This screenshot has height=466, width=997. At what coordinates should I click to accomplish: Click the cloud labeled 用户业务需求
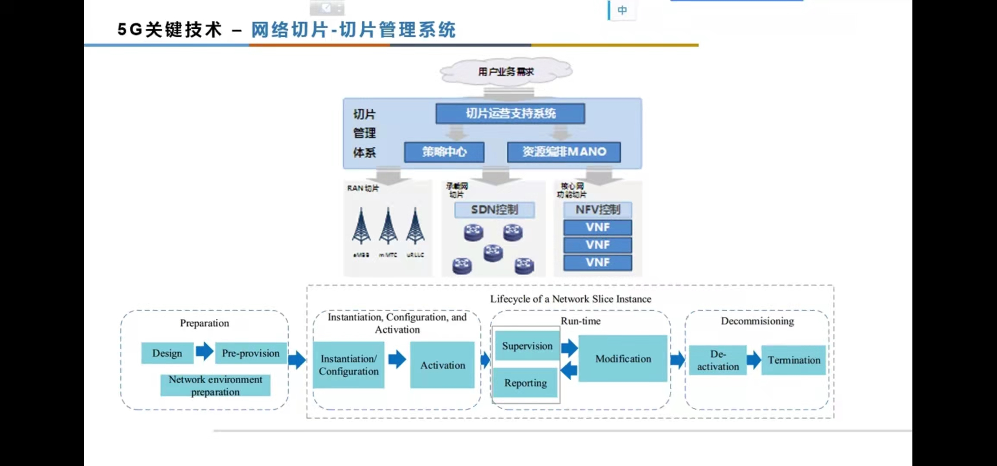coord(506,71)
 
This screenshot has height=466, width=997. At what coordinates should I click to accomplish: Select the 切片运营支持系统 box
coord(510,113)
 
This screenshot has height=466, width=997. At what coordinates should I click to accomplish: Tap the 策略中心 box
coord(444,152)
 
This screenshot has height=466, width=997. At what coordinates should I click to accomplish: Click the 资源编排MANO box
coord(564,152)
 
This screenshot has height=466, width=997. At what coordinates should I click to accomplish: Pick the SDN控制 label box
coord(494,210)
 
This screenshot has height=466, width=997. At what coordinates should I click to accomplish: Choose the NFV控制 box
coord(597,210)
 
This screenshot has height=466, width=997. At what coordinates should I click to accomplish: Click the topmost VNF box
coord(597,227)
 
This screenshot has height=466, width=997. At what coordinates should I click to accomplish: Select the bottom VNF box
coord(597,262)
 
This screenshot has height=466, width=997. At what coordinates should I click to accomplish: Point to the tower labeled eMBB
coord(361,227)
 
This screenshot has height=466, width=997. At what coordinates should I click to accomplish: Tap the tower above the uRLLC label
coord(415,227)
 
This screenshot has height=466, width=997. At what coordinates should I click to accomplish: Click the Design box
coord(167,353)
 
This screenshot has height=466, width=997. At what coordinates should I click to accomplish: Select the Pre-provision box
coord(250,353)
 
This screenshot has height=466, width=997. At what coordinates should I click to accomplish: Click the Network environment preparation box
coord(215,385)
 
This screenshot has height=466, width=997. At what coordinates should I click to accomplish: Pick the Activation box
coord(442,365)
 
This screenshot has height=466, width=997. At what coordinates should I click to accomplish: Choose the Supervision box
coord(527,346)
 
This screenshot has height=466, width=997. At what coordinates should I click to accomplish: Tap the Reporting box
coord(525,383)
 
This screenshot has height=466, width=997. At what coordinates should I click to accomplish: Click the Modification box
coord(623,359)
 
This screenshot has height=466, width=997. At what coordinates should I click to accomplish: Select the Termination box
coord(793,360)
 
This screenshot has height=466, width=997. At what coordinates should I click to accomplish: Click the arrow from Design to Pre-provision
coord(205,351)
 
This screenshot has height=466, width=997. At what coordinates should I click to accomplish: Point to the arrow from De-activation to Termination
coord(754,359)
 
